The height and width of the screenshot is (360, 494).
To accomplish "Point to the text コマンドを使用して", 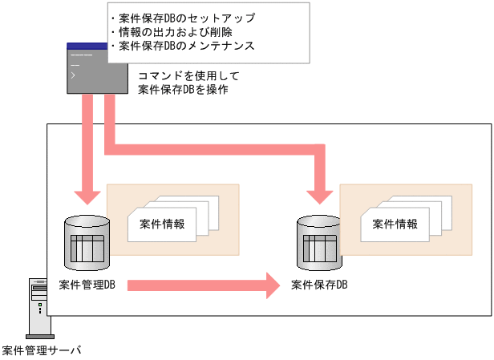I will pos(189,76).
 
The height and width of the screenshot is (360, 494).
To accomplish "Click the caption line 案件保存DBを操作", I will pos(184,90).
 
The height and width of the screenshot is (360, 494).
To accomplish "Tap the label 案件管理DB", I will pos(87,284).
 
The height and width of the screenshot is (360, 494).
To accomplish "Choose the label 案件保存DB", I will pos(319,284).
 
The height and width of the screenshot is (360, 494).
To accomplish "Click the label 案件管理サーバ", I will pos(41,350).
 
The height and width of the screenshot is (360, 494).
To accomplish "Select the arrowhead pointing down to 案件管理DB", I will pos(87,197).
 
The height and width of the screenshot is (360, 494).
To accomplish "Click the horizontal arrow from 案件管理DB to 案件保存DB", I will pos(200,284).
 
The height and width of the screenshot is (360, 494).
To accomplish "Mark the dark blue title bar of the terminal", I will pos(97,47).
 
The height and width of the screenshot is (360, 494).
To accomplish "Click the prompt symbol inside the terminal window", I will pos(74,75).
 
